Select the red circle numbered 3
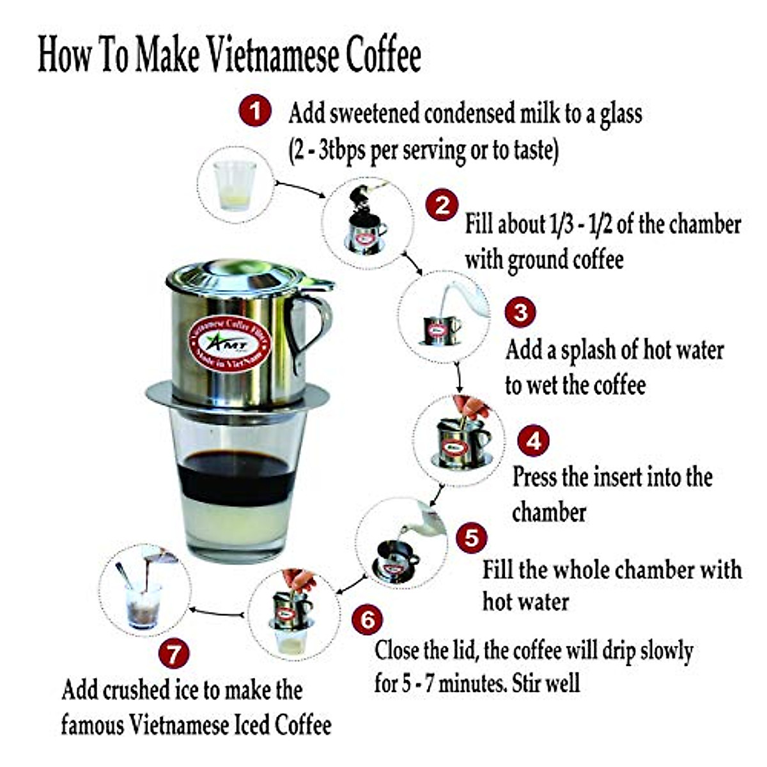point(521,313)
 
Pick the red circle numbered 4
point(532,440)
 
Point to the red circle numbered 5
point(471,538)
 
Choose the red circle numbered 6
point(368,619)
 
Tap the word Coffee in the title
point(383,56)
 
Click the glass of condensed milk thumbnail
point(235,185)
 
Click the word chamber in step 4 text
point(549,513)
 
